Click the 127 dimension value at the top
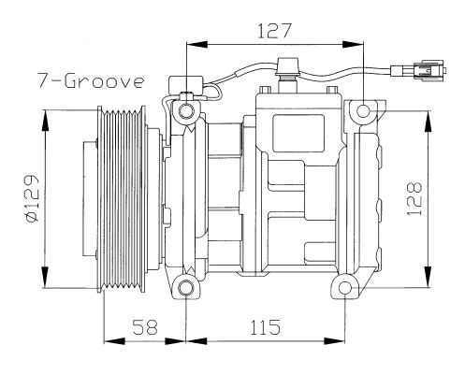[x=274, y=31]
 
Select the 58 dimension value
[x=145, y=326]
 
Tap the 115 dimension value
[x=265, y=326]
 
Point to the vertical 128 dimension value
[x=414, y=198]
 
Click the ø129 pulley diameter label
[x=32, y=198]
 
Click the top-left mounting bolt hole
[x=186, y=110]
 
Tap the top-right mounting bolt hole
[x=363, y=111]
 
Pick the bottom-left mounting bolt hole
[x=186, y=288]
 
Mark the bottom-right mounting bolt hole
[x=345, y=288]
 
